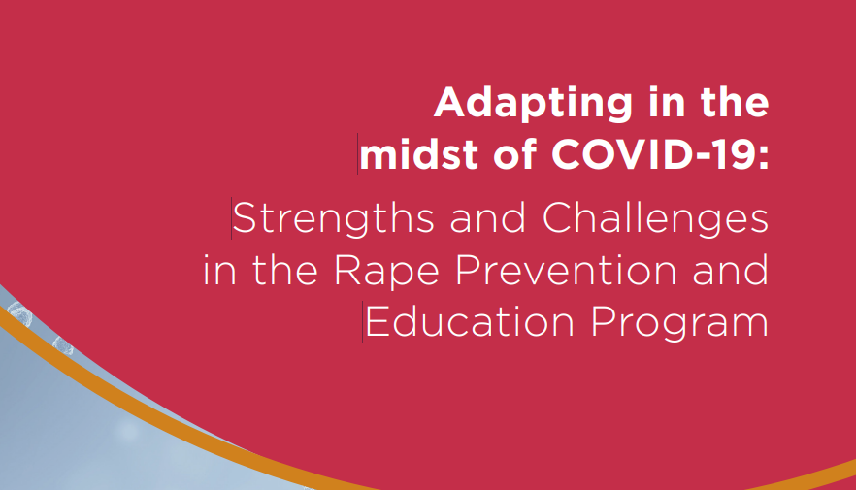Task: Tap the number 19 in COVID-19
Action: coord(734,153)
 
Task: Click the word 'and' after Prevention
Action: coord(729,271)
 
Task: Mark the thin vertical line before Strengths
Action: coord(231,219)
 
